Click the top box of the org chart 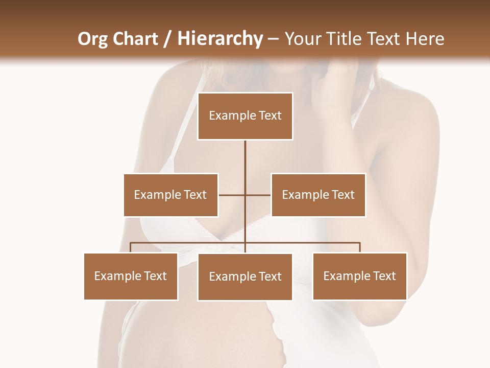pyautogui.click(x=245, y=116)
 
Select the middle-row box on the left pyautogui.click(x=170, y=195)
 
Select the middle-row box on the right pyautogui.click(x=318, y=195)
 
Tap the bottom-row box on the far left pyautogui.click(x=131, y=276)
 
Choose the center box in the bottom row pyautogui.click(x=245, y=277)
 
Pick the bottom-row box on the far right pyautogui.click(x=359, y=276)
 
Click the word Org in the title pyautogui.click(x=93, y=39)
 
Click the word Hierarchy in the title pyautogui.click(x=219, y=39)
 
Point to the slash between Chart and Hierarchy pyautogui.click(x=167, y=39)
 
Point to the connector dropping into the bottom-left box pyautogui.click(x=131, y=247)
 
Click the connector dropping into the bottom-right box pyautogui.click(x=359, y=247)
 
